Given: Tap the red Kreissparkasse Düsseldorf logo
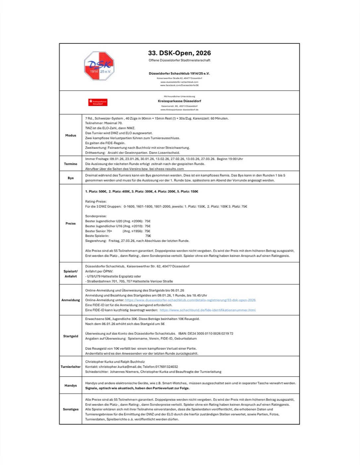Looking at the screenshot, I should click(98, 102).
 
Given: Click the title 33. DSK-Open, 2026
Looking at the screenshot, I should click(179, 53).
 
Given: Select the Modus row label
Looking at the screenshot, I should click(71, 135).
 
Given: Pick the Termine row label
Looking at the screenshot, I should click(71, 164).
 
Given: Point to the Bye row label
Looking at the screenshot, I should click(71, 178).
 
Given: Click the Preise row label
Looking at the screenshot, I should click(71, 224).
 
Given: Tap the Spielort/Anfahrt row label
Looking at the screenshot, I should click(71, 274).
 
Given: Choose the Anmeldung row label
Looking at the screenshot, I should click(71, 300).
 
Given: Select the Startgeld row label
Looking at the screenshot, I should click(71, 336).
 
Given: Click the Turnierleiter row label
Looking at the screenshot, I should click(71, 367).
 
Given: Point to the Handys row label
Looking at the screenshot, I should click(71, 386).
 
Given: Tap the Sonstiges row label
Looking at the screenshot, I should click(71, 409).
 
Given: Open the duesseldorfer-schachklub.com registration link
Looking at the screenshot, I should click(190, 300).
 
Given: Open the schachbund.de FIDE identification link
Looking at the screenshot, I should click(208, 310).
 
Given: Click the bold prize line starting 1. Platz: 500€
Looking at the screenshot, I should click(142, 191).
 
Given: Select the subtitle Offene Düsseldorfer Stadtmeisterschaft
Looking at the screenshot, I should click(179, 60).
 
